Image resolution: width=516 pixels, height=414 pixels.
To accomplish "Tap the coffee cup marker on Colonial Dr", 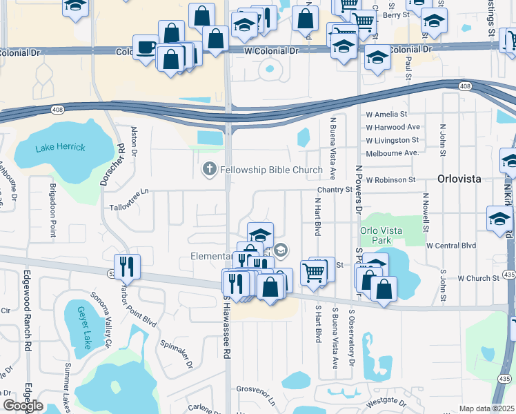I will [146, 48].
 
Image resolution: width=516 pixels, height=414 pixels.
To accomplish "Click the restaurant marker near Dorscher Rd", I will [126, 266].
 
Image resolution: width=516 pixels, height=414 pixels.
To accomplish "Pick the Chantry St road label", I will [335, 189].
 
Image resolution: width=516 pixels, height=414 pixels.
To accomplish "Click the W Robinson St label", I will [391, 179].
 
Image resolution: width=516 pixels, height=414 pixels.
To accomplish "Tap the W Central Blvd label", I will [451, 245].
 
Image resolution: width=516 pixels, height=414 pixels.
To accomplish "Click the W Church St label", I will [478, 279].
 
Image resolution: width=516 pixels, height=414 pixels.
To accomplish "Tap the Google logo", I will [23, 406].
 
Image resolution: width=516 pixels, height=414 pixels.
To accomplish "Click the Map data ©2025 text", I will [487, 408].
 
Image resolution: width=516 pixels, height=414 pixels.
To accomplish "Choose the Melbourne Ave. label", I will [392, 152].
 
